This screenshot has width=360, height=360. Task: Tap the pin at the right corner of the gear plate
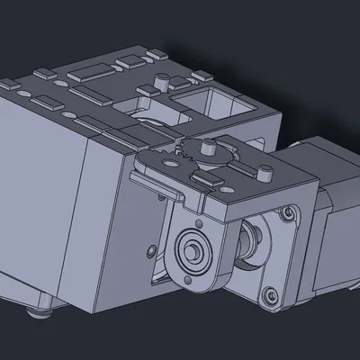(264, 171)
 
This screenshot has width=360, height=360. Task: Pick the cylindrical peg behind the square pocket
(163, 82)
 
